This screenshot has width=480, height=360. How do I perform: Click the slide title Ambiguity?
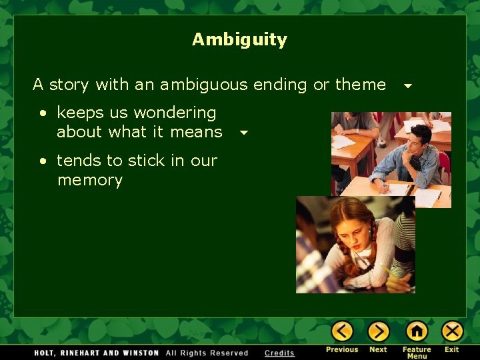pos(239,39)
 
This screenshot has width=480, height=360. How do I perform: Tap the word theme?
pos(360,85)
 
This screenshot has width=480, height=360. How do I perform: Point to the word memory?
pos(90,181)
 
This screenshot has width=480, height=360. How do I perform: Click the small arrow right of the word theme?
pos(408,86)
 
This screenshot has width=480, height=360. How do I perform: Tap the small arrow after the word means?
pos(244,133)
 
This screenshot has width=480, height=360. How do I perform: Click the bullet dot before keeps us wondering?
pos(41,114)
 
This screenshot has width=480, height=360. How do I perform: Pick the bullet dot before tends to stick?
pos(41,161)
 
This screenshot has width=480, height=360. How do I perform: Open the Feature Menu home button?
pos(417,331)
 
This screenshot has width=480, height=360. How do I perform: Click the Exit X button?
pos(452,331)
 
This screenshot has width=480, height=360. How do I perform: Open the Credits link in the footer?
pos(279,353)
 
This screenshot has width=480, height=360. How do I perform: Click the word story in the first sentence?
pos(69,85)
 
